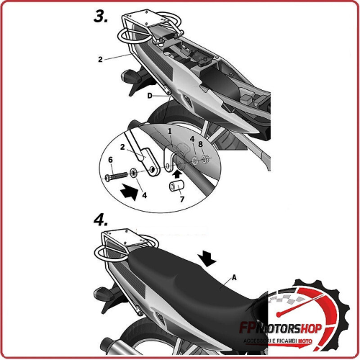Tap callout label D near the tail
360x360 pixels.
[x=149, y=95]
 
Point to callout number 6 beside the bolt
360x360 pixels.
[x=110, y=159]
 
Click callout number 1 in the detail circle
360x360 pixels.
[x=170, y=132]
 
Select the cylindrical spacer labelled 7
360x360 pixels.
[x=174, y=186]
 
